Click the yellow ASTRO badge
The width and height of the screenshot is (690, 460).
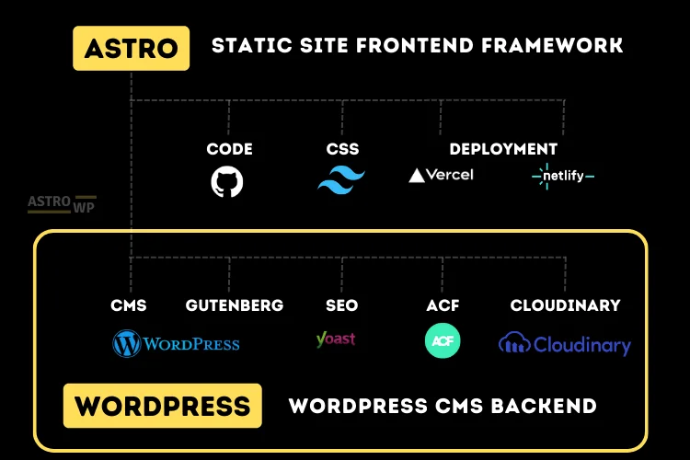131,48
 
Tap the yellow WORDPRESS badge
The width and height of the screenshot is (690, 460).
162,406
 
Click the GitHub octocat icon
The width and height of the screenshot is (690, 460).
227,181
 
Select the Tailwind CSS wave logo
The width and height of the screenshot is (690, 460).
341,178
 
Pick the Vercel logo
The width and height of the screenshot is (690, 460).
441,174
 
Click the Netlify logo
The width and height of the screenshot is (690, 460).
563,174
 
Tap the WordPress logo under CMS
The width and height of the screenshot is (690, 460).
176,344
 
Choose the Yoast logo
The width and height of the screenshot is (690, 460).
335,339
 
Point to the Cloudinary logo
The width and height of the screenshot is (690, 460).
565,345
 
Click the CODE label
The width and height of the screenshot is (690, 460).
229,149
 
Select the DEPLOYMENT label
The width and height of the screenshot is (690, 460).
503,149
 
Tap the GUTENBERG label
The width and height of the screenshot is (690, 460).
235,305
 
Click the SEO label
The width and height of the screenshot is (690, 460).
341,305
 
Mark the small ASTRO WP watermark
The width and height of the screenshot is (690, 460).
62,204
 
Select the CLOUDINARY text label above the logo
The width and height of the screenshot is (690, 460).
565,305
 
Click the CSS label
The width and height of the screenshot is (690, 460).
342,149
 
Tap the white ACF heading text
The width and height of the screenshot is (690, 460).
443,305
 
